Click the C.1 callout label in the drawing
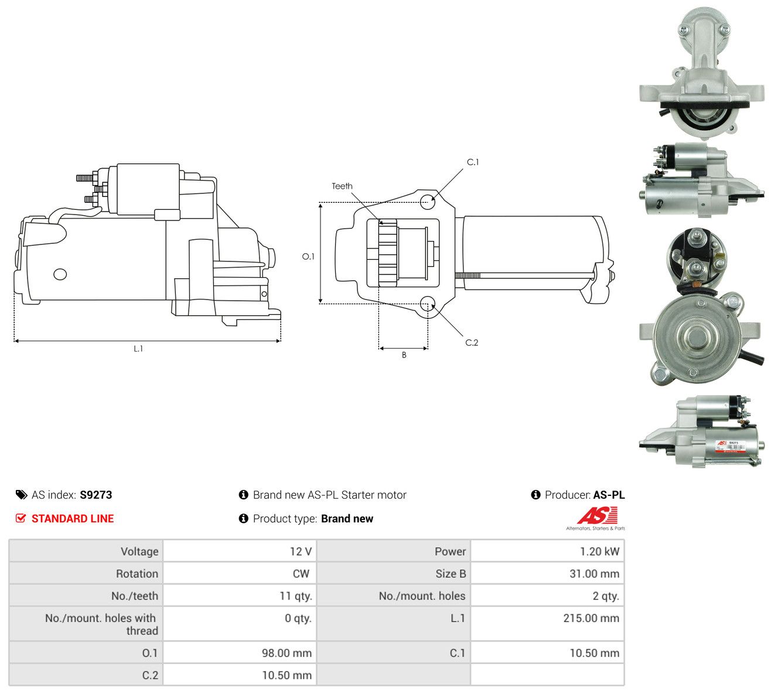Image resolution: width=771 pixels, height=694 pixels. [473, 162]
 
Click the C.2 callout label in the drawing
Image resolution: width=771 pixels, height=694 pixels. [472, 343]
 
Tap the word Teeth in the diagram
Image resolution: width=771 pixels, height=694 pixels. [342, 186]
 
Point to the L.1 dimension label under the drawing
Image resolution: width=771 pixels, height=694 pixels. [138, 349]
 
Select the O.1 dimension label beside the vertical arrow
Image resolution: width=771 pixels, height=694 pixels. [308, 256]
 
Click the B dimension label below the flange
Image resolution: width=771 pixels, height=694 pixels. [404, 355]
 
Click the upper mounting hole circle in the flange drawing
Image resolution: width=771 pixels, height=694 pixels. [428, 202]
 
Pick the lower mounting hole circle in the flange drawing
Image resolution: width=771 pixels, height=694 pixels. [428, 304]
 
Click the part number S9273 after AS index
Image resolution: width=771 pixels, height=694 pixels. [96, 495]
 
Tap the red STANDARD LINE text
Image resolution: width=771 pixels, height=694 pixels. [73, 519]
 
